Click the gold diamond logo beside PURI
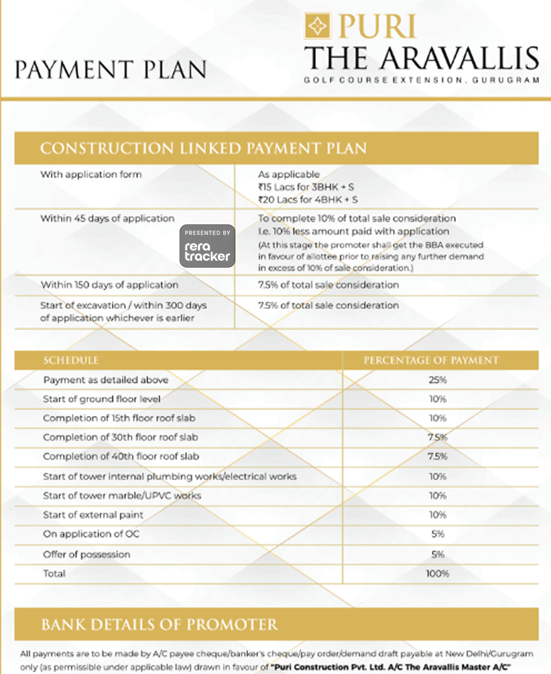(x=317, y=26)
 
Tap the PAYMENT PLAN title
(x=111, y=70)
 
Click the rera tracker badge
(x=207, y=246)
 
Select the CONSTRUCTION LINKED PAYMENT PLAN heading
(x=203, y=148)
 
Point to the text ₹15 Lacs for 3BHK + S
(x=306, y=187)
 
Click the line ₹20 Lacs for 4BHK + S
(x=308, y=199)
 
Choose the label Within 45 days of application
(x=107, y=218)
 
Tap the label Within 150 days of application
(x=109, y=285)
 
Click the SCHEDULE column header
(x=71, y=360)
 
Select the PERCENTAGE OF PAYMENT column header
(x=431, y=360)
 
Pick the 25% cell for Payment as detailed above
(x=437, y=380)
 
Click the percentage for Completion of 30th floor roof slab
(x=437, y=437)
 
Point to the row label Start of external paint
(x=93, y=515)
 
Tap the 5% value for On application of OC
(x=437, y=534)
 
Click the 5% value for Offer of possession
(x=437, y=554)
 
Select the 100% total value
(x=437, y=574)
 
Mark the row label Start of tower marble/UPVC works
(x=122, y=496)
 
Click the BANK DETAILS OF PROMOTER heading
(x=159, y=625)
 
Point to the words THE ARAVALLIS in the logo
(x=421, y=58)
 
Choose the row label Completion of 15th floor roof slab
(x=119, y=418)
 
